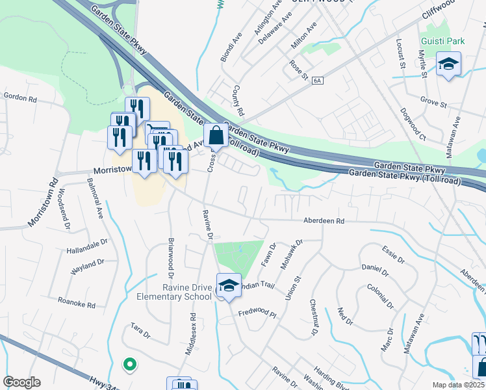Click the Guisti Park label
point(442,41)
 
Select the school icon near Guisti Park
point(448,66)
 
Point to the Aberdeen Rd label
point(323,221)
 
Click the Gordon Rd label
point(20,97)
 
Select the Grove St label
point(433,103)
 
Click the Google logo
point(22,382)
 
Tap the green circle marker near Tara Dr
point(129,365)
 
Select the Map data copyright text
point(459,385)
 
